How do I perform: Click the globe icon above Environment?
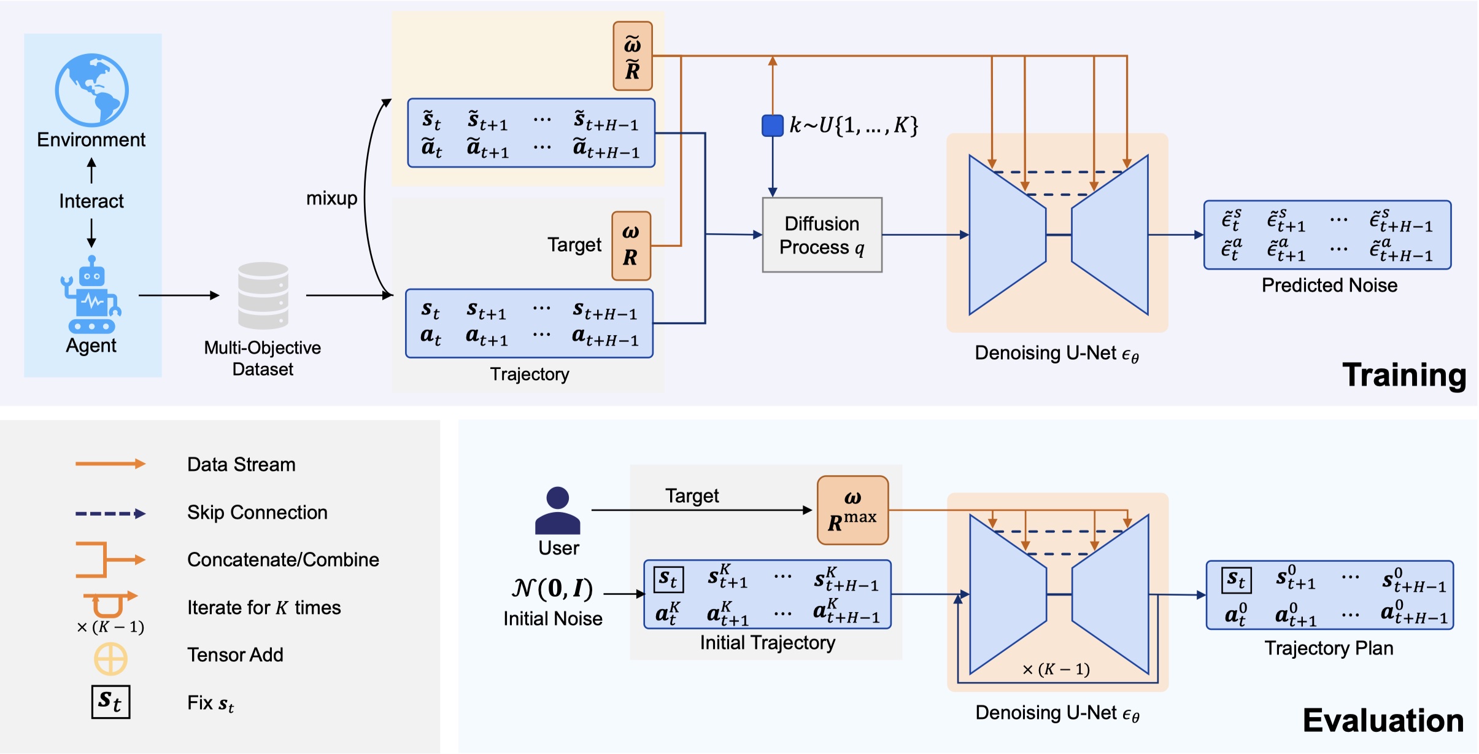pos(92,90)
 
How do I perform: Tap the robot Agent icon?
pos(91,294)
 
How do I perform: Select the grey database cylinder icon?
pos(263,295)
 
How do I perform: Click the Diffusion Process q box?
pos(822,235)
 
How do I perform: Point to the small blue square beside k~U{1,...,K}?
pos(773,125)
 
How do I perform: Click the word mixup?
pos(331,198)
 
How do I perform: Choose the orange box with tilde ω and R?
pos(633,56)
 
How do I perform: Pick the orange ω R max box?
pos(852,510)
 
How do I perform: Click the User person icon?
pos(557,510)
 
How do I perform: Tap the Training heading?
pos(1404,375)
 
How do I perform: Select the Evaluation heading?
pos(1383,720)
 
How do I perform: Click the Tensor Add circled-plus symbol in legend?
pos(110,659)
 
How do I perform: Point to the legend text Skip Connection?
pos(257,513)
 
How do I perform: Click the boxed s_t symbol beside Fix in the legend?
pos(111,702)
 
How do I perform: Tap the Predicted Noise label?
pos(1329,286)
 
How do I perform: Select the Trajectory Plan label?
pos(1329,648)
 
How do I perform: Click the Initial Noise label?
pos(552,618)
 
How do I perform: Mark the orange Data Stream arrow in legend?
pos(110,464)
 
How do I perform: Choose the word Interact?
pos(91,201)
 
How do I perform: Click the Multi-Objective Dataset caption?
pos(263,359)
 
